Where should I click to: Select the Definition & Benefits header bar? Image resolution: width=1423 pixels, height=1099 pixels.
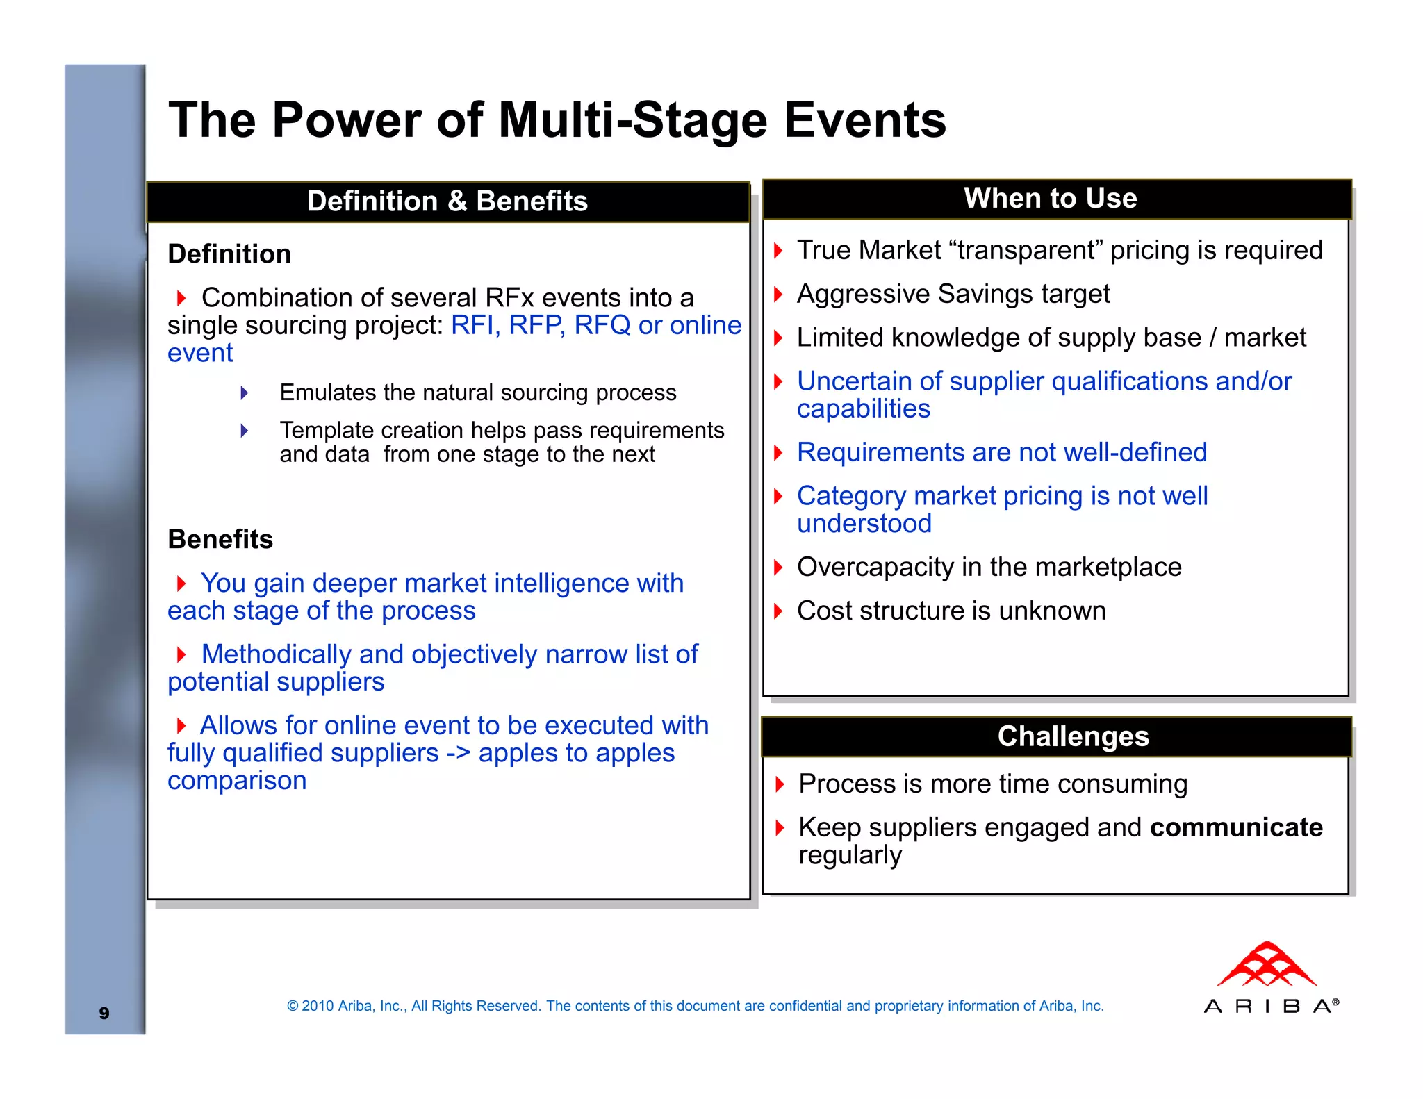[447, 201]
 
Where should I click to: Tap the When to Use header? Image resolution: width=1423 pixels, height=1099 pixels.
[1050, 199]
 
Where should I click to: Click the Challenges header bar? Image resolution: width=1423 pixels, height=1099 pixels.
[1073, 736]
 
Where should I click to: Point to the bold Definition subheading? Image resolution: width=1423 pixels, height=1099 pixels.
[229, 254]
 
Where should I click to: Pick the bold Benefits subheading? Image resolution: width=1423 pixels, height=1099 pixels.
[220, 540]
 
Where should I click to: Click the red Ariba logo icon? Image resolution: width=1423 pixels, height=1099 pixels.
[1267, 965]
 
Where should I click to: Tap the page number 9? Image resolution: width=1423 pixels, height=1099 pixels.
[104, 1013]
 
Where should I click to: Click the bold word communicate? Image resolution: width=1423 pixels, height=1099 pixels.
[1236, 827]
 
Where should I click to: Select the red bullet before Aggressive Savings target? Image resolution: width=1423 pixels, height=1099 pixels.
[778, 295]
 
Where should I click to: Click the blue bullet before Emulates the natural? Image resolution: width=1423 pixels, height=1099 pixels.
[244, 393]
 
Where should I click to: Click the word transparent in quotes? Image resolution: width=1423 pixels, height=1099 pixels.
[1028, 250]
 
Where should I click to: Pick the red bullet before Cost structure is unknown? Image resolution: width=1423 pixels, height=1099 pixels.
[778, 611]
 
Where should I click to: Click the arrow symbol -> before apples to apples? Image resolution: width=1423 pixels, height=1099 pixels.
[458, 753]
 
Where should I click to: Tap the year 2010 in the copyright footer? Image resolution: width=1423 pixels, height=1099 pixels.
[317, 1006]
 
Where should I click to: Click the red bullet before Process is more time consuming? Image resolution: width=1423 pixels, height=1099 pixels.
[780, 784]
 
